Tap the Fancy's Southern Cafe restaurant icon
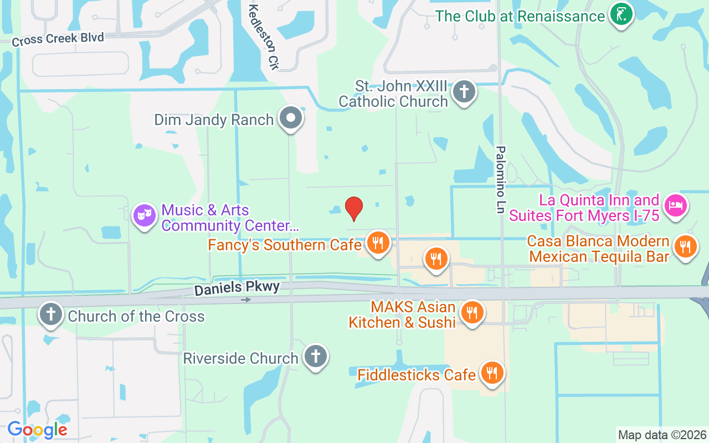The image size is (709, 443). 378,243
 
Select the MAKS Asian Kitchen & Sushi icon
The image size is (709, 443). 472,313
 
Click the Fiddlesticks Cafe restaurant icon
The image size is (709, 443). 491,373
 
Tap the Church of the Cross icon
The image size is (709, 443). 51,315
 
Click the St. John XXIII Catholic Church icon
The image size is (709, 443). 464,92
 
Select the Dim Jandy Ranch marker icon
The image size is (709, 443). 290,118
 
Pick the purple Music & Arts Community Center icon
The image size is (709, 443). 144,215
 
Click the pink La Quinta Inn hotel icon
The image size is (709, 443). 675,206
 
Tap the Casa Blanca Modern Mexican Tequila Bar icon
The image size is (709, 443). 686,247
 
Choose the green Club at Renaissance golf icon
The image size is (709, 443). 621,15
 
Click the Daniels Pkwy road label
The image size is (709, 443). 237,287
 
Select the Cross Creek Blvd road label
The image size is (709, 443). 58,39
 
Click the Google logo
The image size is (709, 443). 37,430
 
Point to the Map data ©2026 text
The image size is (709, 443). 662,435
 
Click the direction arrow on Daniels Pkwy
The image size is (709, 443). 246,300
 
